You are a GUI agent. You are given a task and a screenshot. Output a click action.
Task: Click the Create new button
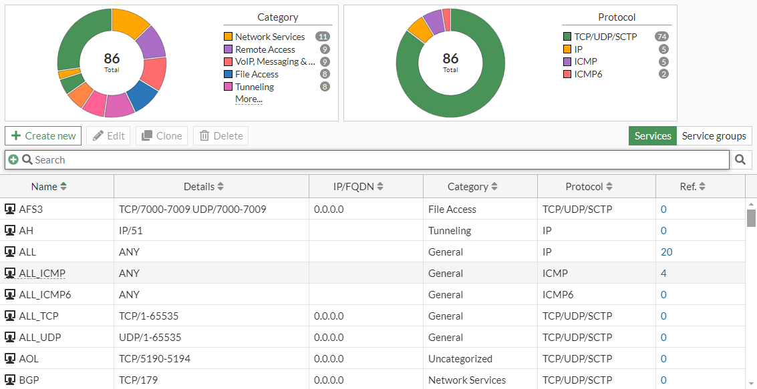coord(43,136)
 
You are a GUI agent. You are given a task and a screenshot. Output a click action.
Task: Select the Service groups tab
coord(714,136)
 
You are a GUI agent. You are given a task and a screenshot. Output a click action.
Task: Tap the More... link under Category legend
coord(249,99)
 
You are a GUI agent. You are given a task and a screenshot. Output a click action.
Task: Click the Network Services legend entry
coord(269,37)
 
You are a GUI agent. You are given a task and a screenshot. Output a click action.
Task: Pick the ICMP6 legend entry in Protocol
coord(588,74)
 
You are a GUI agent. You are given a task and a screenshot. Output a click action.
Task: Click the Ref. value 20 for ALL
coord(667,252)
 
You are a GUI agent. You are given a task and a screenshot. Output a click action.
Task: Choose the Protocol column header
coord(588,187)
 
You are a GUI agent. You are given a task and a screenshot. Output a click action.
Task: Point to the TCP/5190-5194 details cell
coord(154,359)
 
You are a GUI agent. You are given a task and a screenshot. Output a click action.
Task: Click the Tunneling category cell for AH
coord(450,231)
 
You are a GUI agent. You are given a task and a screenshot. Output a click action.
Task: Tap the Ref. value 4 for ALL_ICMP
coord(663,274)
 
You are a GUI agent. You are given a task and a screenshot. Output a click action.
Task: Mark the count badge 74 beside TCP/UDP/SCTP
coord(661,37)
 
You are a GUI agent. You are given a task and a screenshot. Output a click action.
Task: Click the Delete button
coord(221,136)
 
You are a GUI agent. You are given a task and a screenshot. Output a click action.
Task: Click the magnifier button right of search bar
coord(740,160)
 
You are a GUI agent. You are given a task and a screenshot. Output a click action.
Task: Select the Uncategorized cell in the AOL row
coord(460,359)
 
